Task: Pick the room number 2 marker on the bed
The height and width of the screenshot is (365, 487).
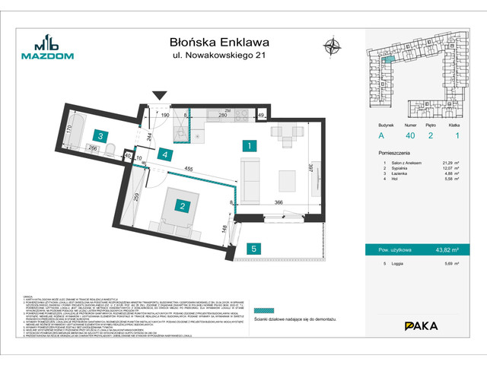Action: [183, 204]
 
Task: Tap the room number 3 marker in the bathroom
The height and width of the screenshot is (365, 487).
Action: [100, 136]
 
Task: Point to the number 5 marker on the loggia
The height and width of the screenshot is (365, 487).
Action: [256, 246]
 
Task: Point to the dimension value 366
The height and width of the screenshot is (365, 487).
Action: [279, 202]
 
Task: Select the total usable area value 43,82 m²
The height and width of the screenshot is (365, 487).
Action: [447, 249]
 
